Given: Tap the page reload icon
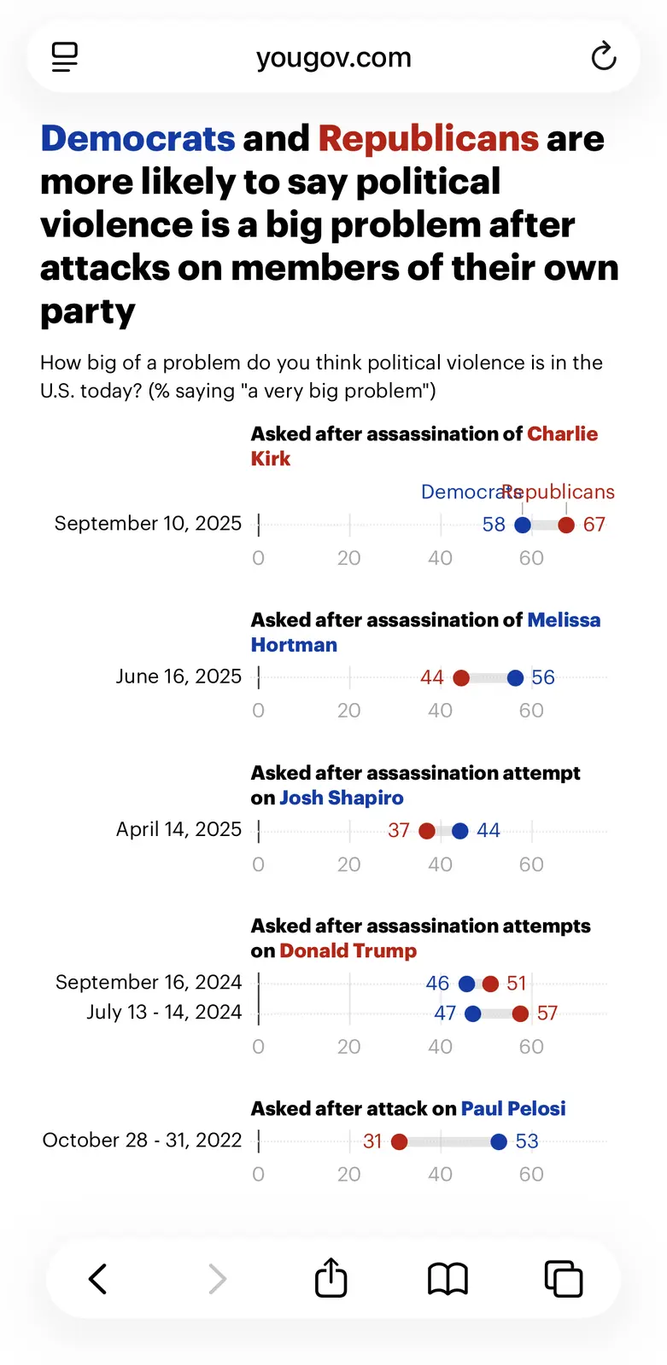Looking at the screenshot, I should [x=604, y=57].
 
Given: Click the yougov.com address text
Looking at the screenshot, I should [x=333, y=57].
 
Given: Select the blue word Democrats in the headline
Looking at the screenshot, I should [x=137, y=138].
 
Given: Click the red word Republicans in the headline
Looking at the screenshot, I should [x=428, y=138].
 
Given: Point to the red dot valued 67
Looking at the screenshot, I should [x=566, y=525].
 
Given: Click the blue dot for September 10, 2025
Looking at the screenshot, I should [x=523, y=525].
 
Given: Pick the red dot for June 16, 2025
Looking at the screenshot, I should [x=461, y=678].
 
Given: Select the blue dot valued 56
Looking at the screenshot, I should [x=515, y=678].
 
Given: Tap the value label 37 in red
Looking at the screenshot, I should [x=399, y=831].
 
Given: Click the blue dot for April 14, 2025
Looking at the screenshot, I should [x=460, y=831].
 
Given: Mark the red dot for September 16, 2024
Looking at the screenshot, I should [x=490, y=984].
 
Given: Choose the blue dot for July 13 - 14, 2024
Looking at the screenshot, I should [x=472, y=1014].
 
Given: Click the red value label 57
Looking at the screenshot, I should [x=547, y=1014].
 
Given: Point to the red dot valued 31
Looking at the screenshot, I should [x=400, y=1141].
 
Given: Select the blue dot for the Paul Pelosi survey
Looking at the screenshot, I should [x=499, y=1141].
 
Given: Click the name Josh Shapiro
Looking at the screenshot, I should [x=342, y=798].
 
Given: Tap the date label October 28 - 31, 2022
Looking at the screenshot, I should [x=142, y=1140].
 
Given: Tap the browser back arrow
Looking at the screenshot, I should [x=98, y=1279].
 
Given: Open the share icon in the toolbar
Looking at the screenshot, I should [x=331, y=1278].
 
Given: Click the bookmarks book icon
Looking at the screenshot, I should [x=448, y=1279].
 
